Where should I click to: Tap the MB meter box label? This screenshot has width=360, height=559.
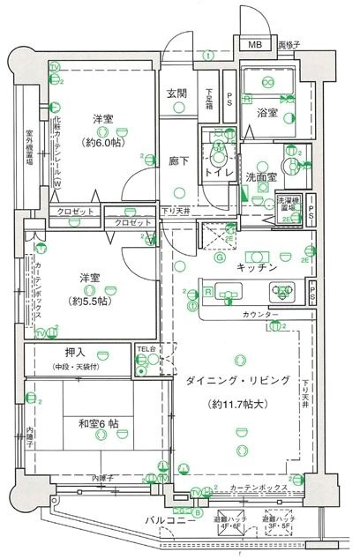(253, 45)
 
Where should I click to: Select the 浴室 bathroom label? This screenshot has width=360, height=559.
(267, 114)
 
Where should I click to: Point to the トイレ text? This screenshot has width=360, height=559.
(217, 174)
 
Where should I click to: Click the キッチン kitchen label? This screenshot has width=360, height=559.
(259, 265)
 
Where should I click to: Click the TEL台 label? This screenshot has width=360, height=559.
(144, 349)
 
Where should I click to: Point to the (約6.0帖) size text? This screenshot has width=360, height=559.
(103, 142)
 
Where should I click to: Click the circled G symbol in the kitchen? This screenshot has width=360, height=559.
(220, 258)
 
